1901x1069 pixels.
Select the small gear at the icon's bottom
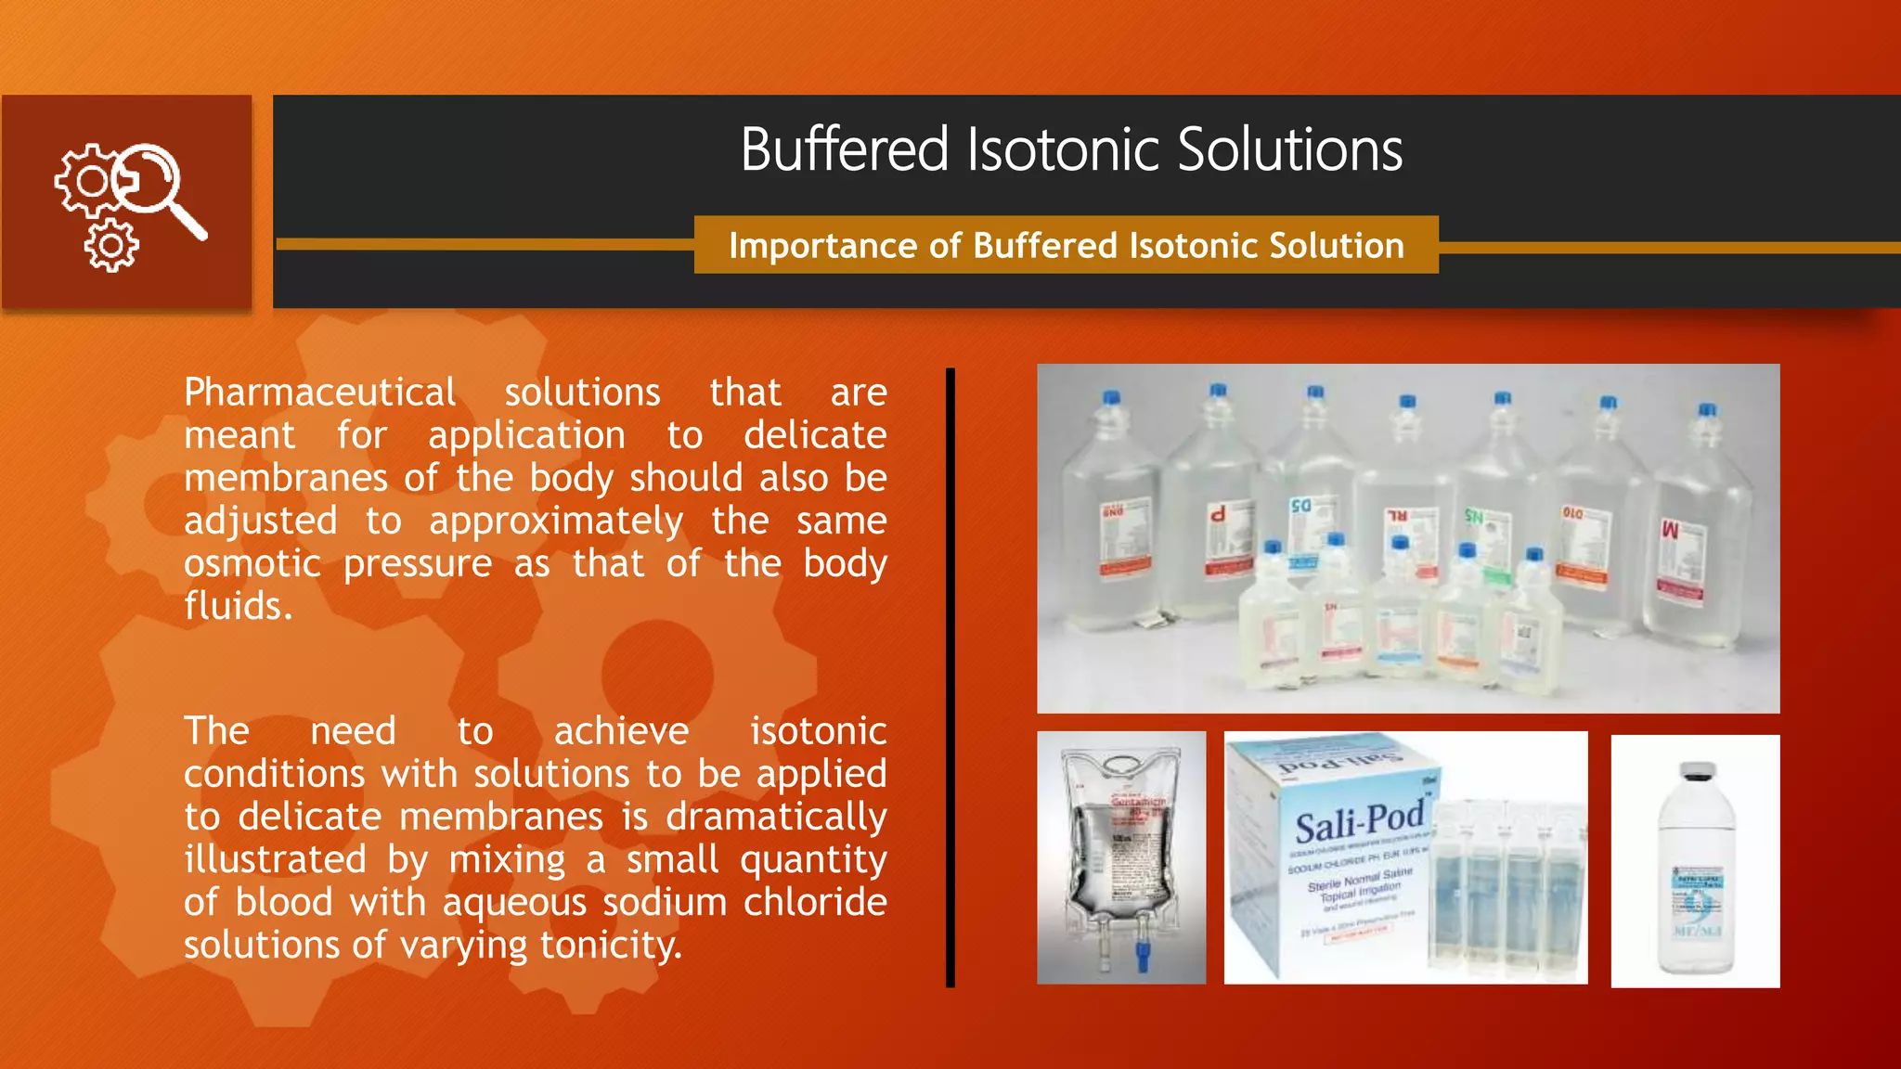click(x=111, y=246)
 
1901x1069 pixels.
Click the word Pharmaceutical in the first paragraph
click(x=319, y=393)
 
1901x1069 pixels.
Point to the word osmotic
click(x=252, y=564)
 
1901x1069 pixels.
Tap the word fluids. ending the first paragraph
click(x=238, y=607)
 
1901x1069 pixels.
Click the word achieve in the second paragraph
click(x=621, y=732)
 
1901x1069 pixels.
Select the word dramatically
click(x=776, y=818)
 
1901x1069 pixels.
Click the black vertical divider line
click(x=950, y=677)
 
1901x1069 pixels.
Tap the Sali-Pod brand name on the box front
click(x=1359, y=820)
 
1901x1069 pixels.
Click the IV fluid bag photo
click(x=1121, y=857)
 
